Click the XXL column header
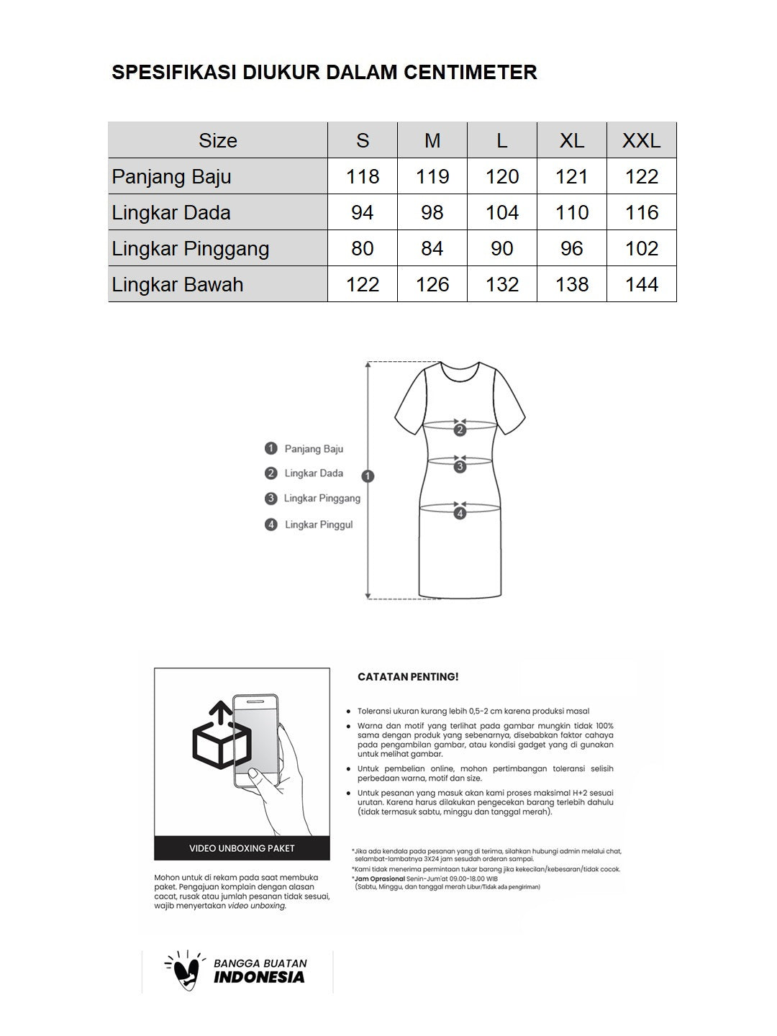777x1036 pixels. pyautogui.click(x=641, y=140)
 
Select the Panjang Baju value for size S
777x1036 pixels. pyautogui.click(x=363, y=176)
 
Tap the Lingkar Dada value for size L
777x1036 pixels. pyautogui.click(x=502, y=212)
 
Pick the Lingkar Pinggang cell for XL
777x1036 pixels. pyautogui.click(x=572, y=248)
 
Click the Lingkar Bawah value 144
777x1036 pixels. pyautogui.click(x=641, y=284)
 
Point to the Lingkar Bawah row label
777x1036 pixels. pyautogui.click(x=178, y=284)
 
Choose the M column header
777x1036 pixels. pyautogui.click(x=432, y=140)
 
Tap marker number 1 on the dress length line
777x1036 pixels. pyautogui.click(x=368, y=476)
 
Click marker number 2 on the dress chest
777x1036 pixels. pyautogui.click(x=460, y=430)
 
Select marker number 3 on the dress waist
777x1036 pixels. pyautogui.click(x=460, y=467)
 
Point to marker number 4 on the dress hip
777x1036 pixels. pyautogui.click(x=460, y=513)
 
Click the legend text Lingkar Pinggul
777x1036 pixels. pyautogui.click(x=319, y=524)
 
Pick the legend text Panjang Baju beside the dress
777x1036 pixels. pyautogui.click(x=314, y=449)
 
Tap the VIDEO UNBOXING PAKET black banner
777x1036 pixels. pyautogui.click(x=242, y=848)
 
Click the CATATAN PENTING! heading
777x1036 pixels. pyautogui.click(x=408, y=677)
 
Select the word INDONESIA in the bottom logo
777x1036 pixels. pyautogui.click(x=259, y=977)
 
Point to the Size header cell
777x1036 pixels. pyautogui.click(x=218, y=140)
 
